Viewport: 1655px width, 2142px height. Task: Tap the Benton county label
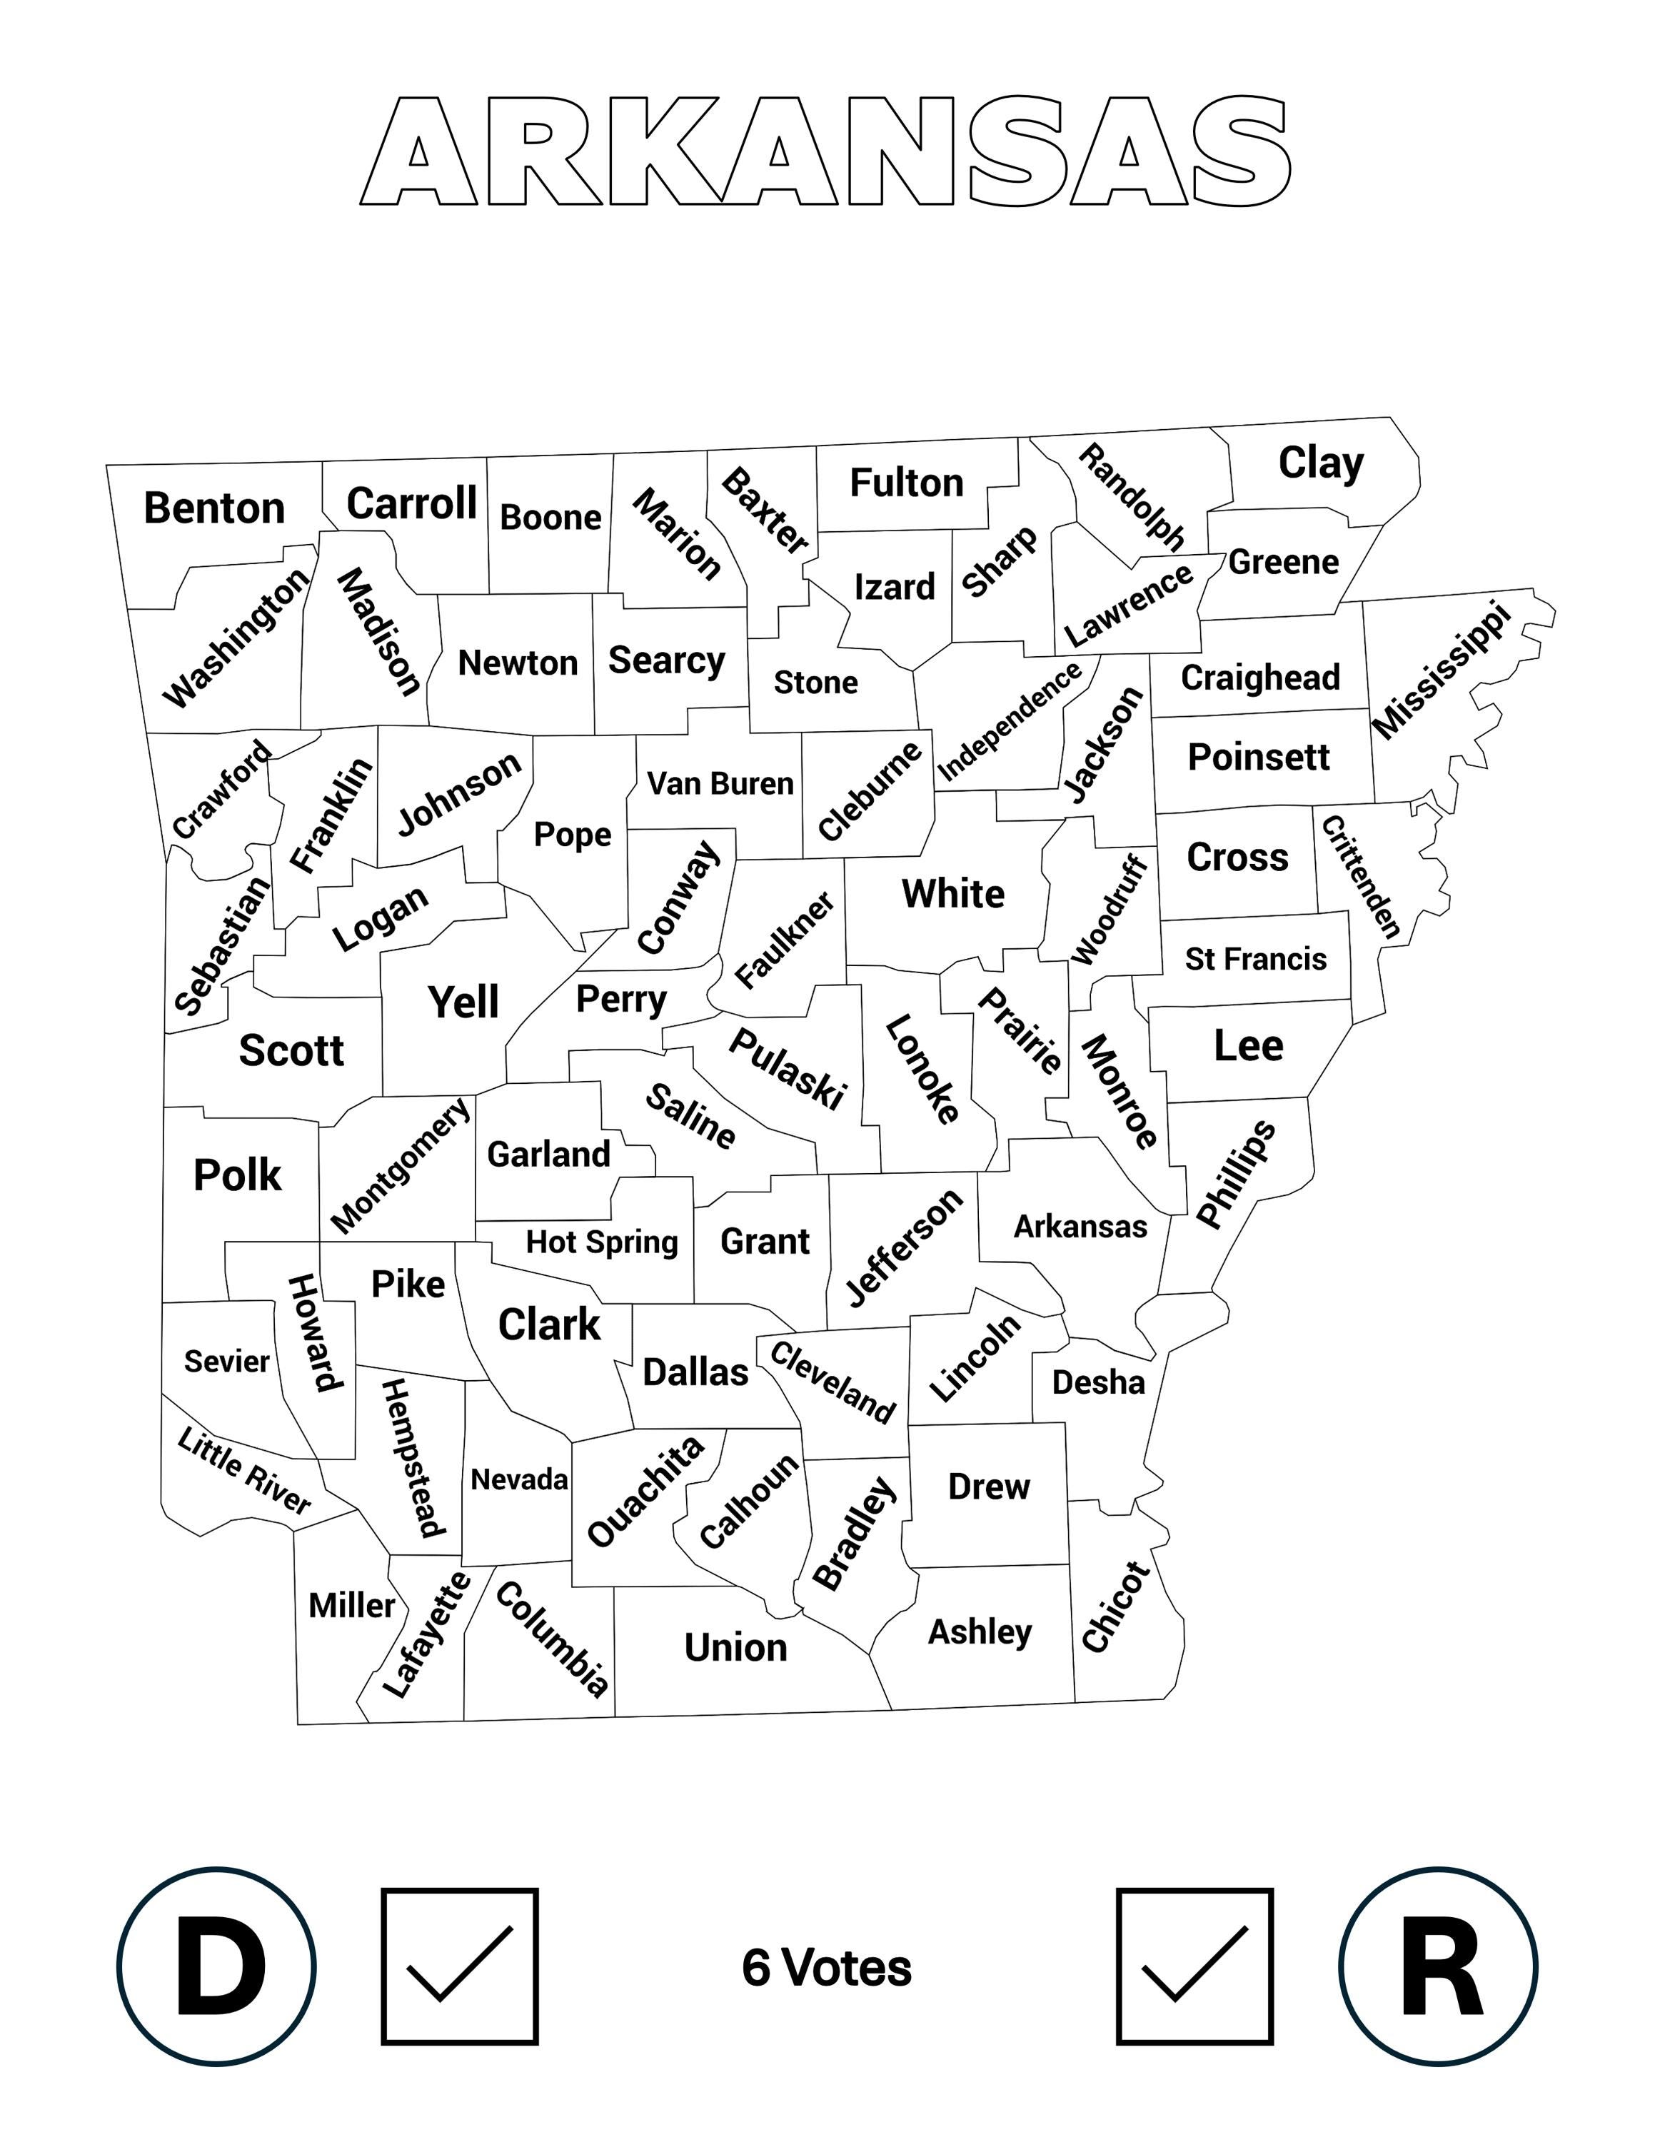(x=213, y=508)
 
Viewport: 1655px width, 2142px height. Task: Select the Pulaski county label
(x=786, y=1069)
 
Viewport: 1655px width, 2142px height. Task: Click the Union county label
(x=735, y=1648)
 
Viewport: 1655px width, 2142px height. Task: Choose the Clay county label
(x=1321, y=462)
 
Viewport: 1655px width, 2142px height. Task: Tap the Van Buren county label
(x=720, y=784)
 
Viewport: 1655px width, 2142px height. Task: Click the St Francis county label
(x=1255, y=958)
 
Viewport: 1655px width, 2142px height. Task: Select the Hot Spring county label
(x=602, y=1242)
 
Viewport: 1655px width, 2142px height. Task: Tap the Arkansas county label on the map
(x=1080, y=1226)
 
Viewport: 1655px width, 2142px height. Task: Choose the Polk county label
(x=237, y=1175)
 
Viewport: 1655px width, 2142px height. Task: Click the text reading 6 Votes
(x=827, y=1967)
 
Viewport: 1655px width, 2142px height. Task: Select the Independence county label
(x=1010, y=721)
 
